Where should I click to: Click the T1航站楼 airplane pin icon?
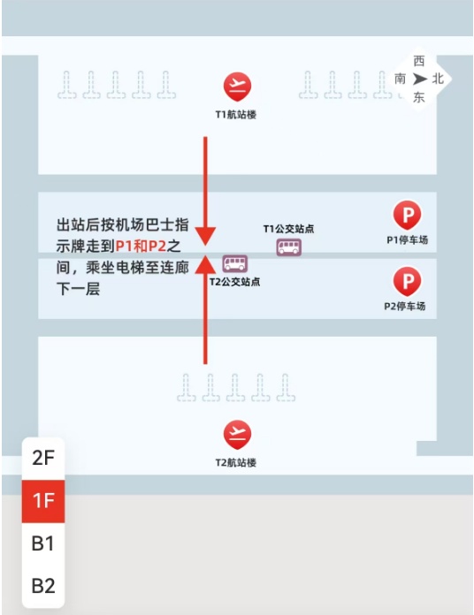point(237,87)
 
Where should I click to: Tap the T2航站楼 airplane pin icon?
point(237,434)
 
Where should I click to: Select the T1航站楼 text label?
point(236,115)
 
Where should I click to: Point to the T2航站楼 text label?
point(236,463)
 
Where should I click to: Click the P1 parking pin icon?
point(408,215)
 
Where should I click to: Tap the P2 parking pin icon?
point(408,281)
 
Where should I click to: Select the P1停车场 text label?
point(408,240)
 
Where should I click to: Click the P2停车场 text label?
point(405,307)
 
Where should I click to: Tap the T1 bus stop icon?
point(289,247)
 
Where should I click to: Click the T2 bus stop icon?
point(235,263)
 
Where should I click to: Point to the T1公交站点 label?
point(288,229)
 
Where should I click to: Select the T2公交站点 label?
point(234,282)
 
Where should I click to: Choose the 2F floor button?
point(43,458)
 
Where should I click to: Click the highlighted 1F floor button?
point(43,501)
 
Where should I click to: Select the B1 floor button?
point(43,543)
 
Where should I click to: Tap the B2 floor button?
point(43,586)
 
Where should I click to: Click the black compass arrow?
point(420,80)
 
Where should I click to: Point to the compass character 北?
point(438,79)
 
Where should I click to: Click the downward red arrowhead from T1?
point(206,236)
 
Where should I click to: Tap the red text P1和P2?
point(141,246)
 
